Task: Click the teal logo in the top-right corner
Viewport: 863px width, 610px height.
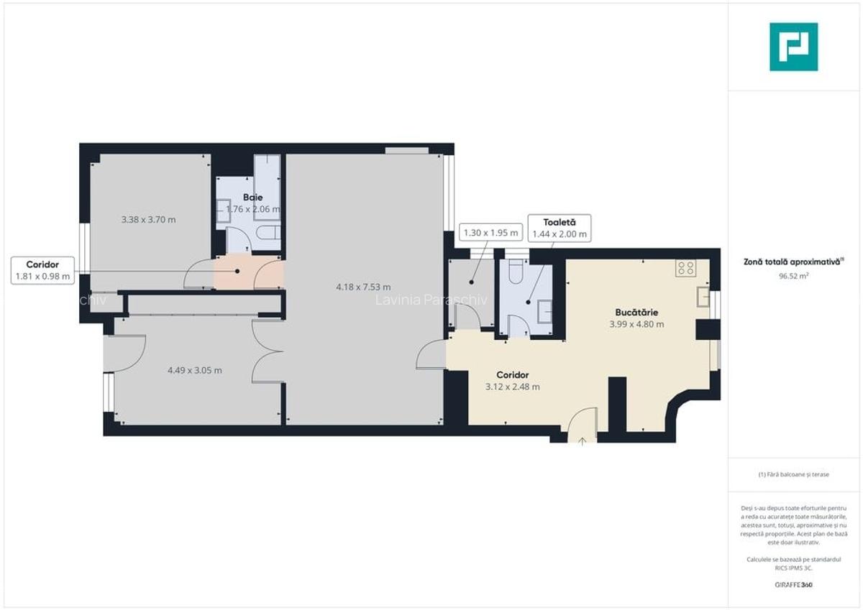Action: tap(793, 47)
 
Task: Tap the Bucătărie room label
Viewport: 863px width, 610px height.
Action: tap(636, 313)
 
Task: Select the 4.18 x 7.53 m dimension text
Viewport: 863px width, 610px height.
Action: tap(363, 287)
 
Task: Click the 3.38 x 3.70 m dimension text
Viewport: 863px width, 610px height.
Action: tap(148, 220)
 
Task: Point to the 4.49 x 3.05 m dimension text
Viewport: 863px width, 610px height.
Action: tap(194, 371)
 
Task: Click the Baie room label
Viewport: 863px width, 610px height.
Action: tap(252, 197)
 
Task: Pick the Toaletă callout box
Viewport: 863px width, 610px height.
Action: tap(559, 228)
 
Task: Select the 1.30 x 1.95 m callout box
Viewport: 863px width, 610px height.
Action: tap(490, 233)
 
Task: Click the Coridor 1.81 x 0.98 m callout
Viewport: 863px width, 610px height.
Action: tap(42, 270)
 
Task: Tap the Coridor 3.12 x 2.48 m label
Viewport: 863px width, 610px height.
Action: tap(512, 381)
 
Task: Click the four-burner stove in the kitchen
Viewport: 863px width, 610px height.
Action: tap(685, 269)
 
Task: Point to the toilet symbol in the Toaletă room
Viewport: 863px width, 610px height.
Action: tap(516, 271)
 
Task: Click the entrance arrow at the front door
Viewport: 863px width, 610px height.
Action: tap(582, 439)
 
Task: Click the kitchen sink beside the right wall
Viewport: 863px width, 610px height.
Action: tap(703, 297)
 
